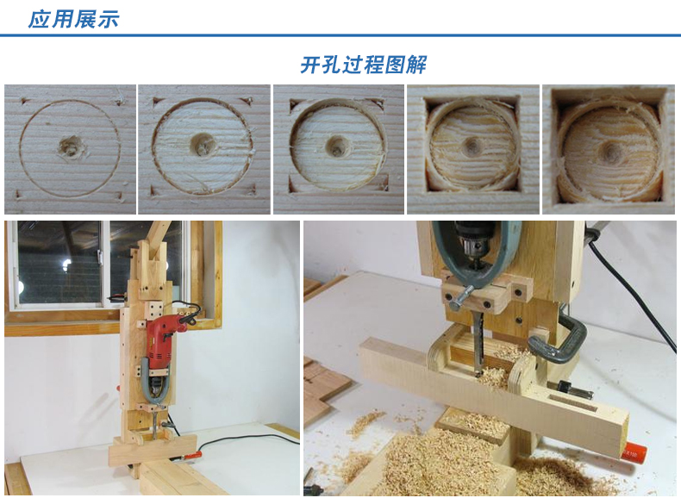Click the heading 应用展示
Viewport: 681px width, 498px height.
point(73,19)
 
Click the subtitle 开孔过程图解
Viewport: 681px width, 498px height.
point(363,65)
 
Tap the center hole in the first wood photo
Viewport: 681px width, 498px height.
point(71,146)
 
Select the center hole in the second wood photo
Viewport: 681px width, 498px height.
point(203,144)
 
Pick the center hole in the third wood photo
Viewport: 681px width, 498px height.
point(338,146)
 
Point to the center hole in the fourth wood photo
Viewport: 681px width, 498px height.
point(472,146)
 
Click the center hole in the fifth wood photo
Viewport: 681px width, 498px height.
point(611,152)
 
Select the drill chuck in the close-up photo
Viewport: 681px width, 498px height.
point(474,248)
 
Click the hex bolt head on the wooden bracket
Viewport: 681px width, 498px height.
point(457,303)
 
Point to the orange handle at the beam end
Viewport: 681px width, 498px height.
point(634,453)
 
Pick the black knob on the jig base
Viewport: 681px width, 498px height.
point(565,385)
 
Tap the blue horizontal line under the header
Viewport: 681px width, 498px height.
point(340,35)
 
